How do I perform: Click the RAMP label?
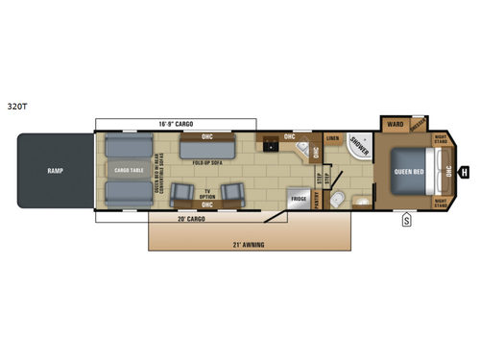tap(55, 171)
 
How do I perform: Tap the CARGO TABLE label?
tap(129, 171)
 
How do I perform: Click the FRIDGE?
tap(299, 199)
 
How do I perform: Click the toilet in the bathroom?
tap(337, 200)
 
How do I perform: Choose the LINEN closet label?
tap(332, 139)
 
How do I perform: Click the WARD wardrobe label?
tap(395, 125)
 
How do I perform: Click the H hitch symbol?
tap(465, 173)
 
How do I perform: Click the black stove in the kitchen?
tap(272, 146)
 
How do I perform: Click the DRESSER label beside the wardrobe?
tap(419, 125)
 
